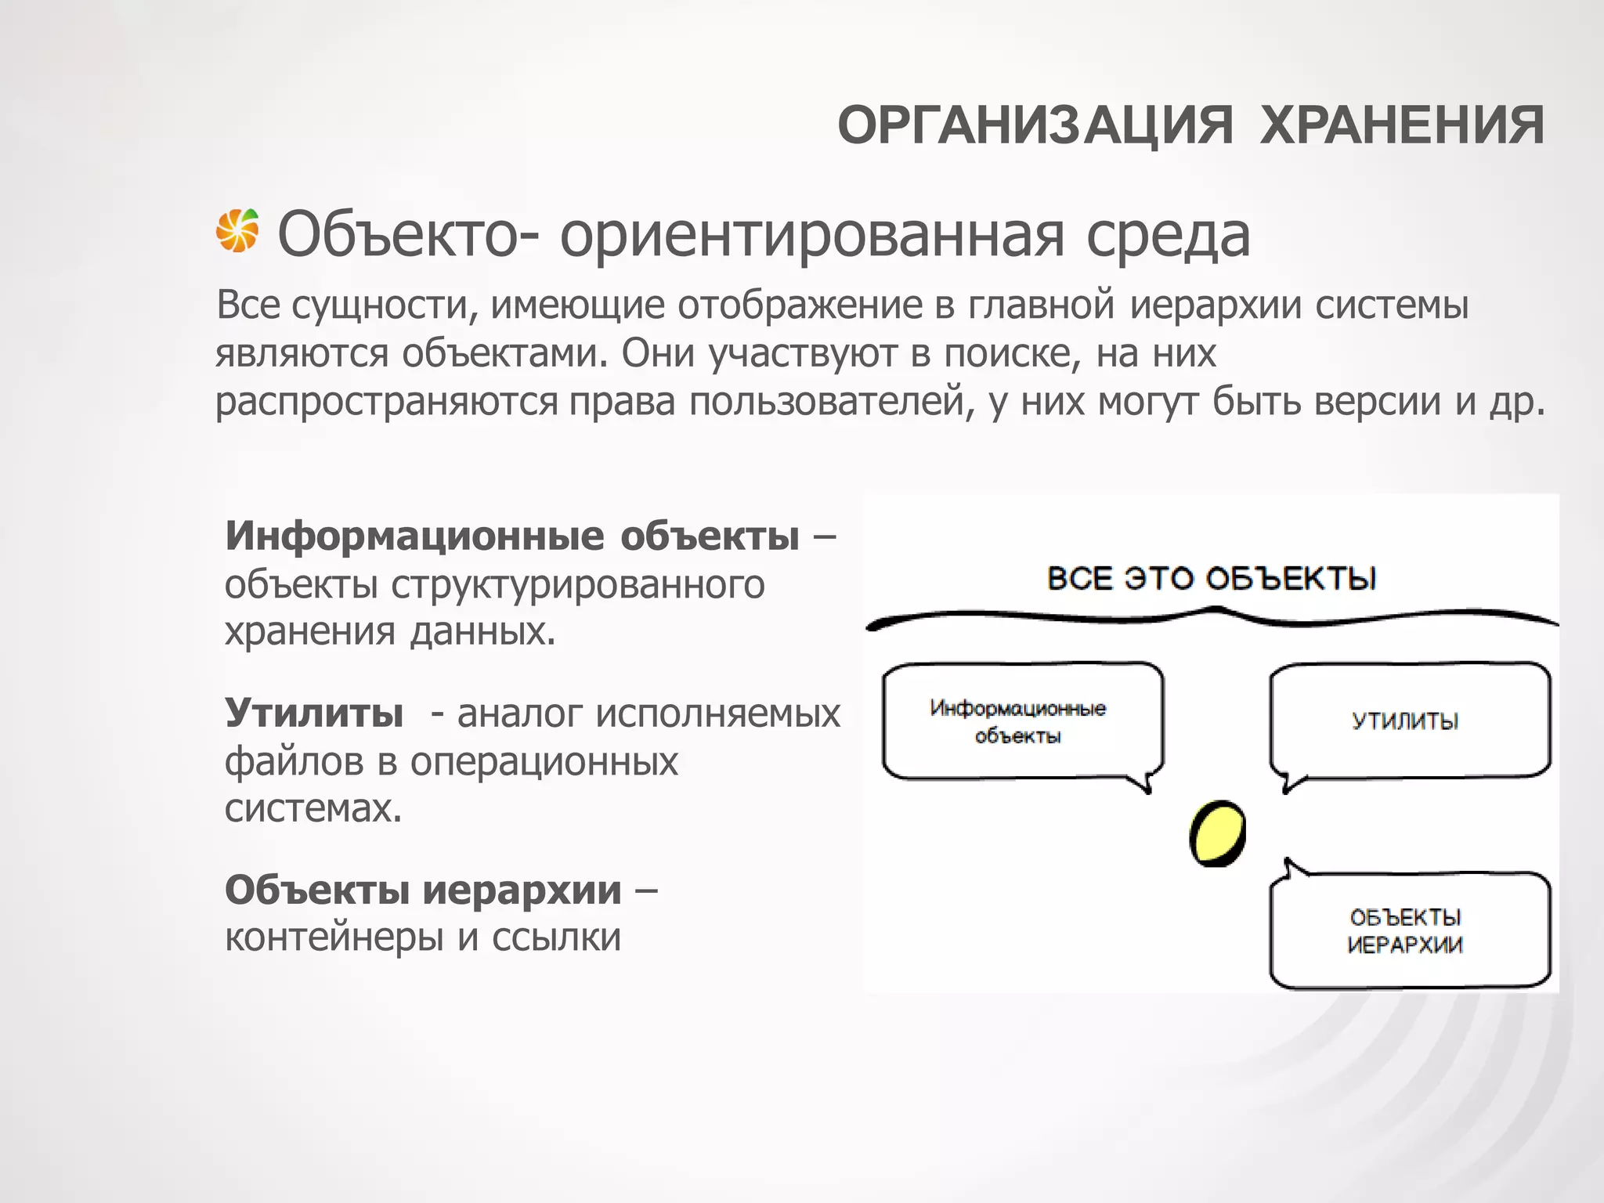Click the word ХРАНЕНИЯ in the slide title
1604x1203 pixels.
(x=1402, y=125)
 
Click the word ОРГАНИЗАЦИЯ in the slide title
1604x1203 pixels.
(x=1035, y=125)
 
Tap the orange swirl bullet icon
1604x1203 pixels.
(x=237, y=231)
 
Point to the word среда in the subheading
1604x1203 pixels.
(x=1168, y=235)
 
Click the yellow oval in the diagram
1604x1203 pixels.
(x=1217, y=833)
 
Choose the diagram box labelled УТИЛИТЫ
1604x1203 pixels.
(x=1409, y=721)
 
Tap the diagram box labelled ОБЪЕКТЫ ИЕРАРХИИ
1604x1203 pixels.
(x=1409, y=930)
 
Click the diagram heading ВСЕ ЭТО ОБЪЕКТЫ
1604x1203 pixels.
(x=1211, y=579)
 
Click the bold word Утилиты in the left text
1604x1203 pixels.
(x=314, y=713)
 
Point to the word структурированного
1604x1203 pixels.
(x=577, y=584)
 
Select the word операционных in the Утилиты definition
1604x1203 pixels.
(x=544, y=761)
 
